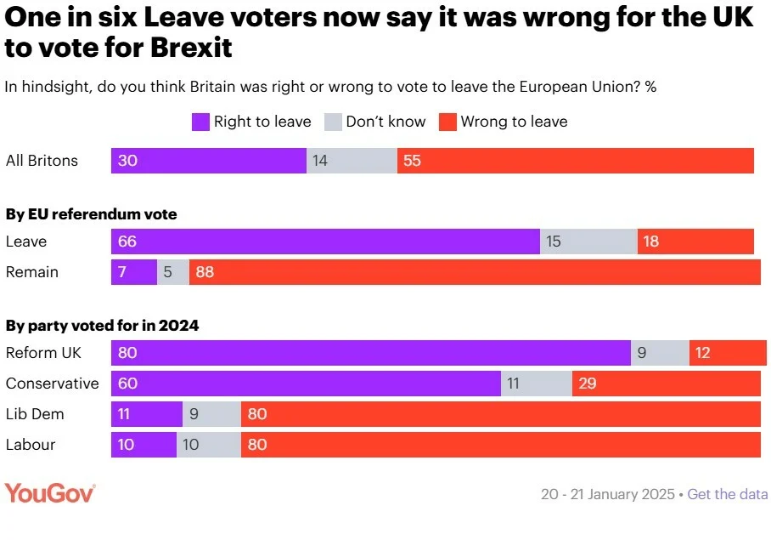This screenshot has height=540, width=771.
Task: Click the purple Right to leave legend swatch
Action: click(x=200, y=122)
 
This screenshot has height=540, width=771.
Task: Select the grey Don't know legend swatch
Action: click(x=333, y=122)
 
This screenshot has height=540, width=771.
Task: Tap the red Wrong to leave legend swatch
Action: click(x=447, y=122)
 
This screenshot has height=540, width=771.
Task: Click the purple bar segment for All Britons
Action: click(x=208, y=161)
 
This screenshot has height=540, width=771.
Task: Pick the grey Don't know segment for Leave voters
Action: click(x=588, y=242)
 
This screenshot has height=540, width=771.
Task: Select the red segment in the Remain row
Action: click(x=475, y=272)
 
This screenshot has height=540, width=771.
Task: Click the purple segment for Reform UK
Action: click(x=370, y=353)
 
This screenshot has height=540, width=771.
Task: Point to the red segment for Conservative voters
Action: click(x=666, y=384)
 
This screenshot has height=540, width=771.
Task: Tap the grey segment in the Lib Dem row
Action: click(x=211, y=414)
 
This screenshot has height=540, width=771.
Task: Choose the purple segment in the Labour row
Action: click(x=144, y=445)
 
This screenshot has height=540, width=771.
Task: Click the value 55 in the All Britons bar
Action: click(x=413, y=161)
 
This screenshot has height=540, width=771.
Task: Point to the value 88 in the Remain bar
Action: click(x=205, y=272)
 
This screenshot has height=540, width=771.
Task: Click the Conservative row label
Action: click(x=52, y=384)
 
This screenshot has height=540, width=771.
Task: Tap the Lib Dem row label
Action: click(x=35, y=414)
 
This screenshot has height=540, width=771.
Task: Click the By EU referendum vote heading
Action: click(x=92, y=214)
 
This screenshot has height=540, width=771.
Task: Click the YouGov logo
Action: click(x=50, y=493)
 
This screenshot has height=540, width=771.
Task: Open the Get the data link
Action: click(x=728, y=494)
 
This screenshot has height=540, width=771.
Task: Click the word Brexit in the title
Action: click(x=191, y=48)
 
